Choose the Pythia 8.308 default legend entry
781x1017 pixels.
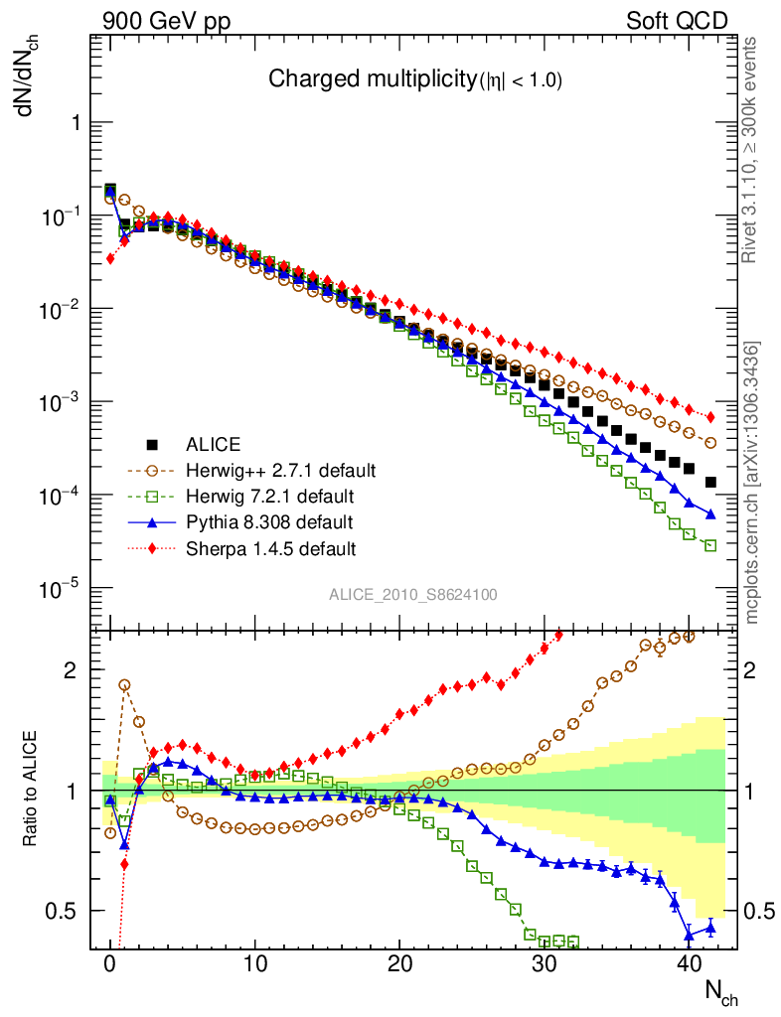[x=268, y=521]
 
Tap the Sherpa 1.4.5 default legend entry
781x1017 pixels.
[x=271, y=547]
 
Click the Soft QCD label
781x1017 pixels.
[x=677, y=21]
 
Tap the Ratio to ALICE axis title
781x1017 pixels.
[x=32, y=791]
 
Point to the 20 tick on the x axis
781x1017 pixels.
[x=399, y=963]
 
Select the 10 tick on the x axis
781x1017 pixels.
[x=254, y=963]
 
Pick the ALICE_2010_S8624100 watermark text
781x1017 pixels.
[x=413, y=595]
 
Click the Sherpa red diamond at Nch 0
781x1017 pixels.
[x=110, y=259]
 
